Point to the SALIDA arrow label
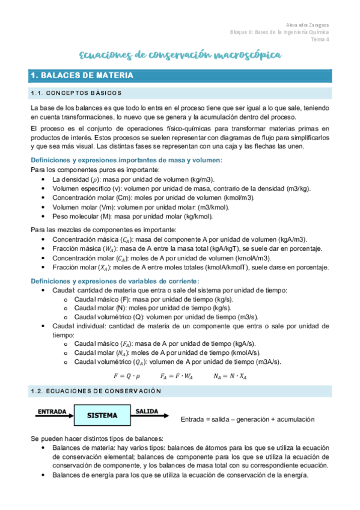click(x=147, y=411)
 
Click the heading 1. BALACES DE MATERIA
click(x=82, y=76)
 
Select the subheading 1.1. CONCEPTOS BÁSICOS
click(x=76, y=93)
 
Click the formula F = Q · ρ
click(x=126, y=376)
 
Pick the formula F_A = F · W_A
click(x=177, y=376)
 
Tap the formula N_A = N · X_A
click(x=230, y=376)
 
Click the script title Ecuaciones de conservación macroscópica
click(x=180, y=55)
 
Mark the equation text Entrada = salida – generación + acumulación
click(x=248, y=419)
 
